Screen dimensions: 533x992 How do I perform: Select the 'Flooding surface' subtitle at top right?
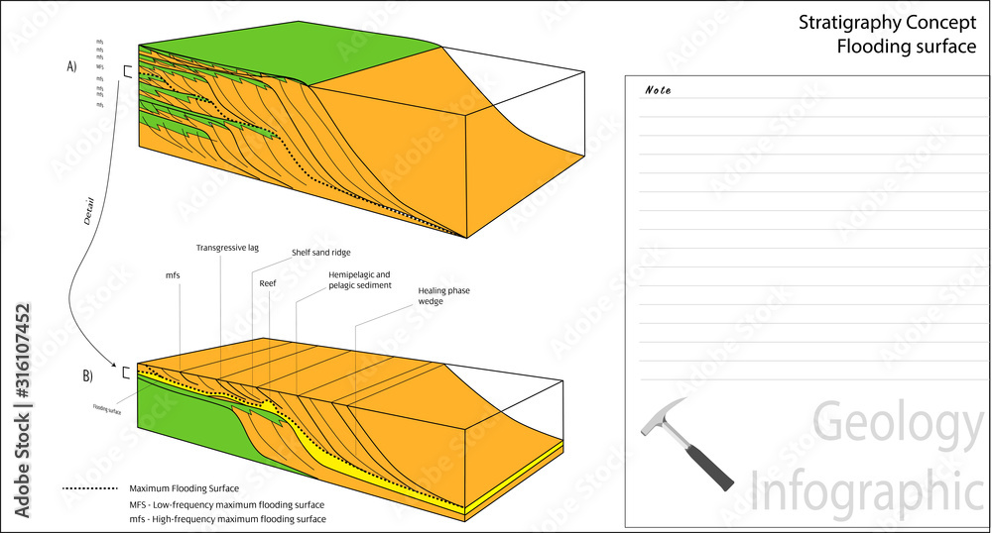[907, 47]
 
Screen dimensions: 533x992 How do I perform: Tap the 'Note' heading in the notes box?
[658, 90]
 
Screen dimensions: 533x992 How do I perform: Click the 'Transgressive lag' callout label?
[227, 248]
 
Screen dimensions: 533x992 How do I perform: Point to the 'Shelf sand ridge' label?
[320, 253]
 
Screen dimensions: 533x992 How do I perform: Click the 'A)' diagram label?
[72, 67]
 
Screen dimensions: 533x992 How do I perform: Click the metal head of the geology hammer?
[663, 417]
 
